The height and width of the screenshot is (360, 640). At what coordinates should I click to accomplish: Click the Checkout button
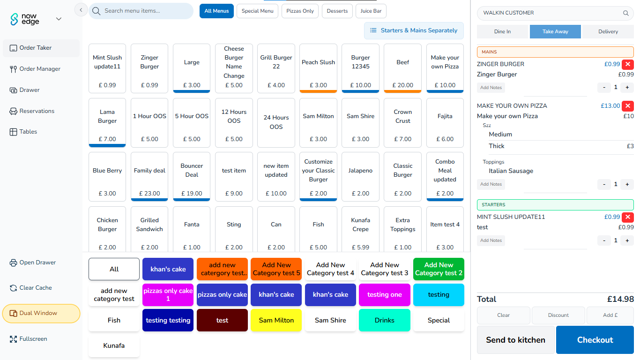pyautogui.click(x=595, y=340)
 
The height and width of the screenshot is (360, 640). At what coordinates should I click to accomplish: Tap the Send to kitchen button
pyautogui.click(x=515, y=340)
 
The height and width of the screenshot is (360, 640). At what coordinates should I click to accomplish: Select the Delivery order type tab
pyautogui.click(x=608, y=31)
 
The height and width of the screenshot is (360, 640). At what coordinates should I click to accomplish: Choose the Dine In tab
pyautogui.click(x=502, y=31)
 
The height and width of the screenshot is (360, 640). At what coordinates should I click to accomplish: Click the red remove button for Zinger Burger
pyautogui.click(x=628, y=64)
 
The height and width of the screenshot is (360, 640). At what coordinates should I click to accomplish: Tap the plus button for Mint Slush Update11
pyautogui.click(x=627, y=240)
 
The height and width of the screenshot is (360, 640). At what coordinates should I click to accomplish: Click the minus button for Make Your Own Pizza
pyautogui.click(x=604, y=184)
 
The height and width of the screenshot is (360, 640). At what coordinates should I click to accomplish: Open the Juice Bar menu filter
pyautogui.click(x=371, y=11)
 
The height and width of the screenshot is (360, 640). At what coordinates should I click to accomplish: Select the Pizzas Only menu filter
pyautogui.click(x=300, y=11)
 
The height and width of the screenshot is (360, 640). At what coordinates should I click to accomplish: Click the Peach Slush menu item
pyautogui.click(x=318, y=68)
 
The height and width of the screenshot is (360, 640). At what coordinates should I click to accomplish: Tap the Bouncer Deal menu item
pyautogui.click(x=192, y=176)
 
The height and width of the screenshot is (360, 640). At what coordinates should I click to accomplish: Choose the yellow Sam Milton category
pyautogui.click(x=276, y=320)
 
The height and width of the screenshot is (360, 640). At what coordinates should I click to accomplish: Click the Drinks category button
pyautogui.click(x=384, y=320)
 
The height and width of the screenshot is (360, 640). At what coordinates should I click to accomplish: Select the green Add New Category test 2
pyautogui.click(x=439, y=269)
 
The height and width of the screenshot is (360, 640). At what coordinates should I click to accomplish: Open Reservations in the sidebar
pyautogui.click(x=37, y=111)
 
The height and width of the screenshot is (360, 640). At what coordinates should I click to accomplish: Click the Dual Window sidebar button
pyautogui.click(x=41, y=314)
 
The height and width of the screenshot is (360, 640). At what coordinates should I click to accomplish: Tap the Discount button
pyautogui.click(x=558, y=315)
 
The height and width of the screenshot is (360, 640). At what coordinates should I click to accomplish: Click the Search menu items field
pyautogui.click(x=141, y=11)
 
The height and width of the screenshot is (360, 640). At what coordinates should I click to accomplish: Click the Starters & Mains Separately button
pyautogui.click(x=414, y=30)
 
